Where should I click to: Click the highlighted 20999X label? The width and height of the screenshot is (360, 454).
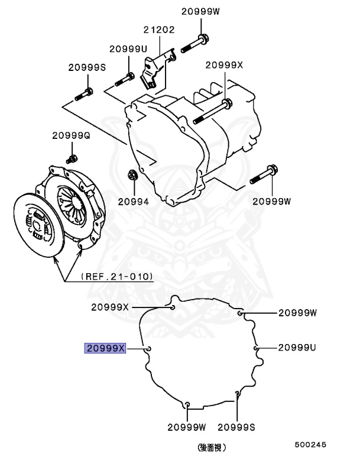pos(105,348)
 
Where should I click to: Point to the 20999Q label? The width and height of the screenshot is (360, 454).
pos(71,135)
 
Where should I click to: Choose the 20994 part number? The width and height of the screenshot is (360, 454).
pos(133,200)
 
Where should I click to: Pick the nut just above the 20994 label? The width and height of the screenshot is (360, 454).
pos(132,176)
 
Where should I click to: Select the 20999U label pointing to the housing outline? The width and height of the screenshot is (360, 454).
pos(297,348)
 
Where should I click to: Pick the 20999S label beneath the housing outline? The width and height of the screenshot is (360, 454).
pos(237,426)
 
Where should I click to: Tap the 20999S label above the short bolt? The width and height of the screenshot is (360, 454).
pos(86,68)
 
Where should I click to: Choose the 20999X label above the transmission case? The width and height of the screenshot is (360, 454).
pos(224,65)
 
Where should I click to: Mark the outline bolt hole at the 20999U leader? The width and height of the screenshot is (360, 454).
pos(257,349)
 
